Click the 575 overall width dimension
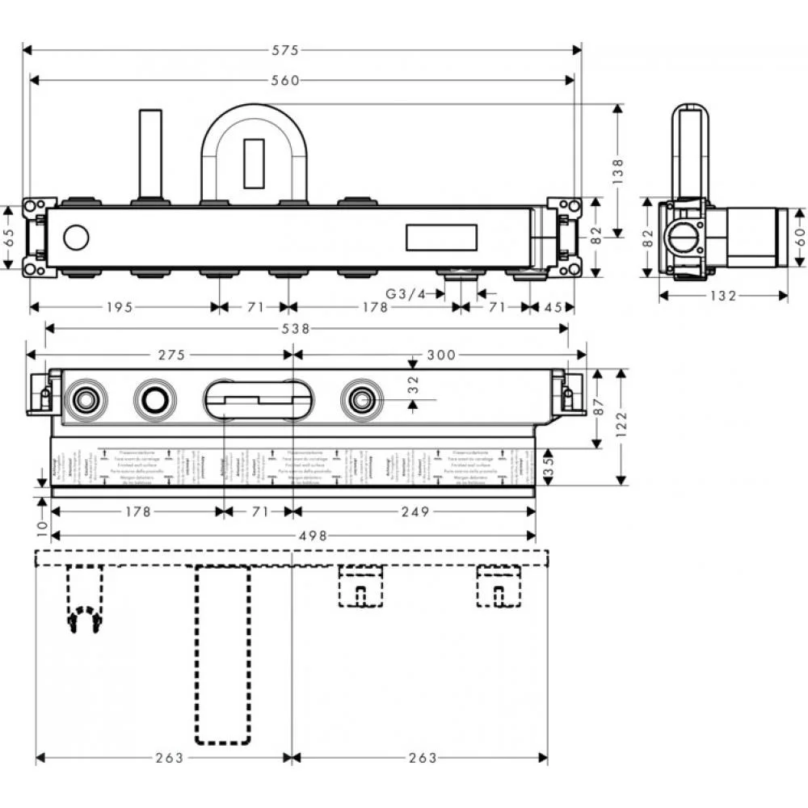click(x=284, y=50)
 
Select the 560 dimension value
click(x=284, y=80)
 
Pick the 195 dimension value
click(x=119, y=307)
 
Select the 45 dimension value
click(x=553, y=307)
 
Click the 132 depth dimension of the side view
click(x=723, y=296)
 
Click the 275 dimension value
click(x=171, y=355)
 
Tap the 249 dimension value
click(x=412, y=511)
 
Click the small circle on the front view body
click(x=76, y=238)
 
